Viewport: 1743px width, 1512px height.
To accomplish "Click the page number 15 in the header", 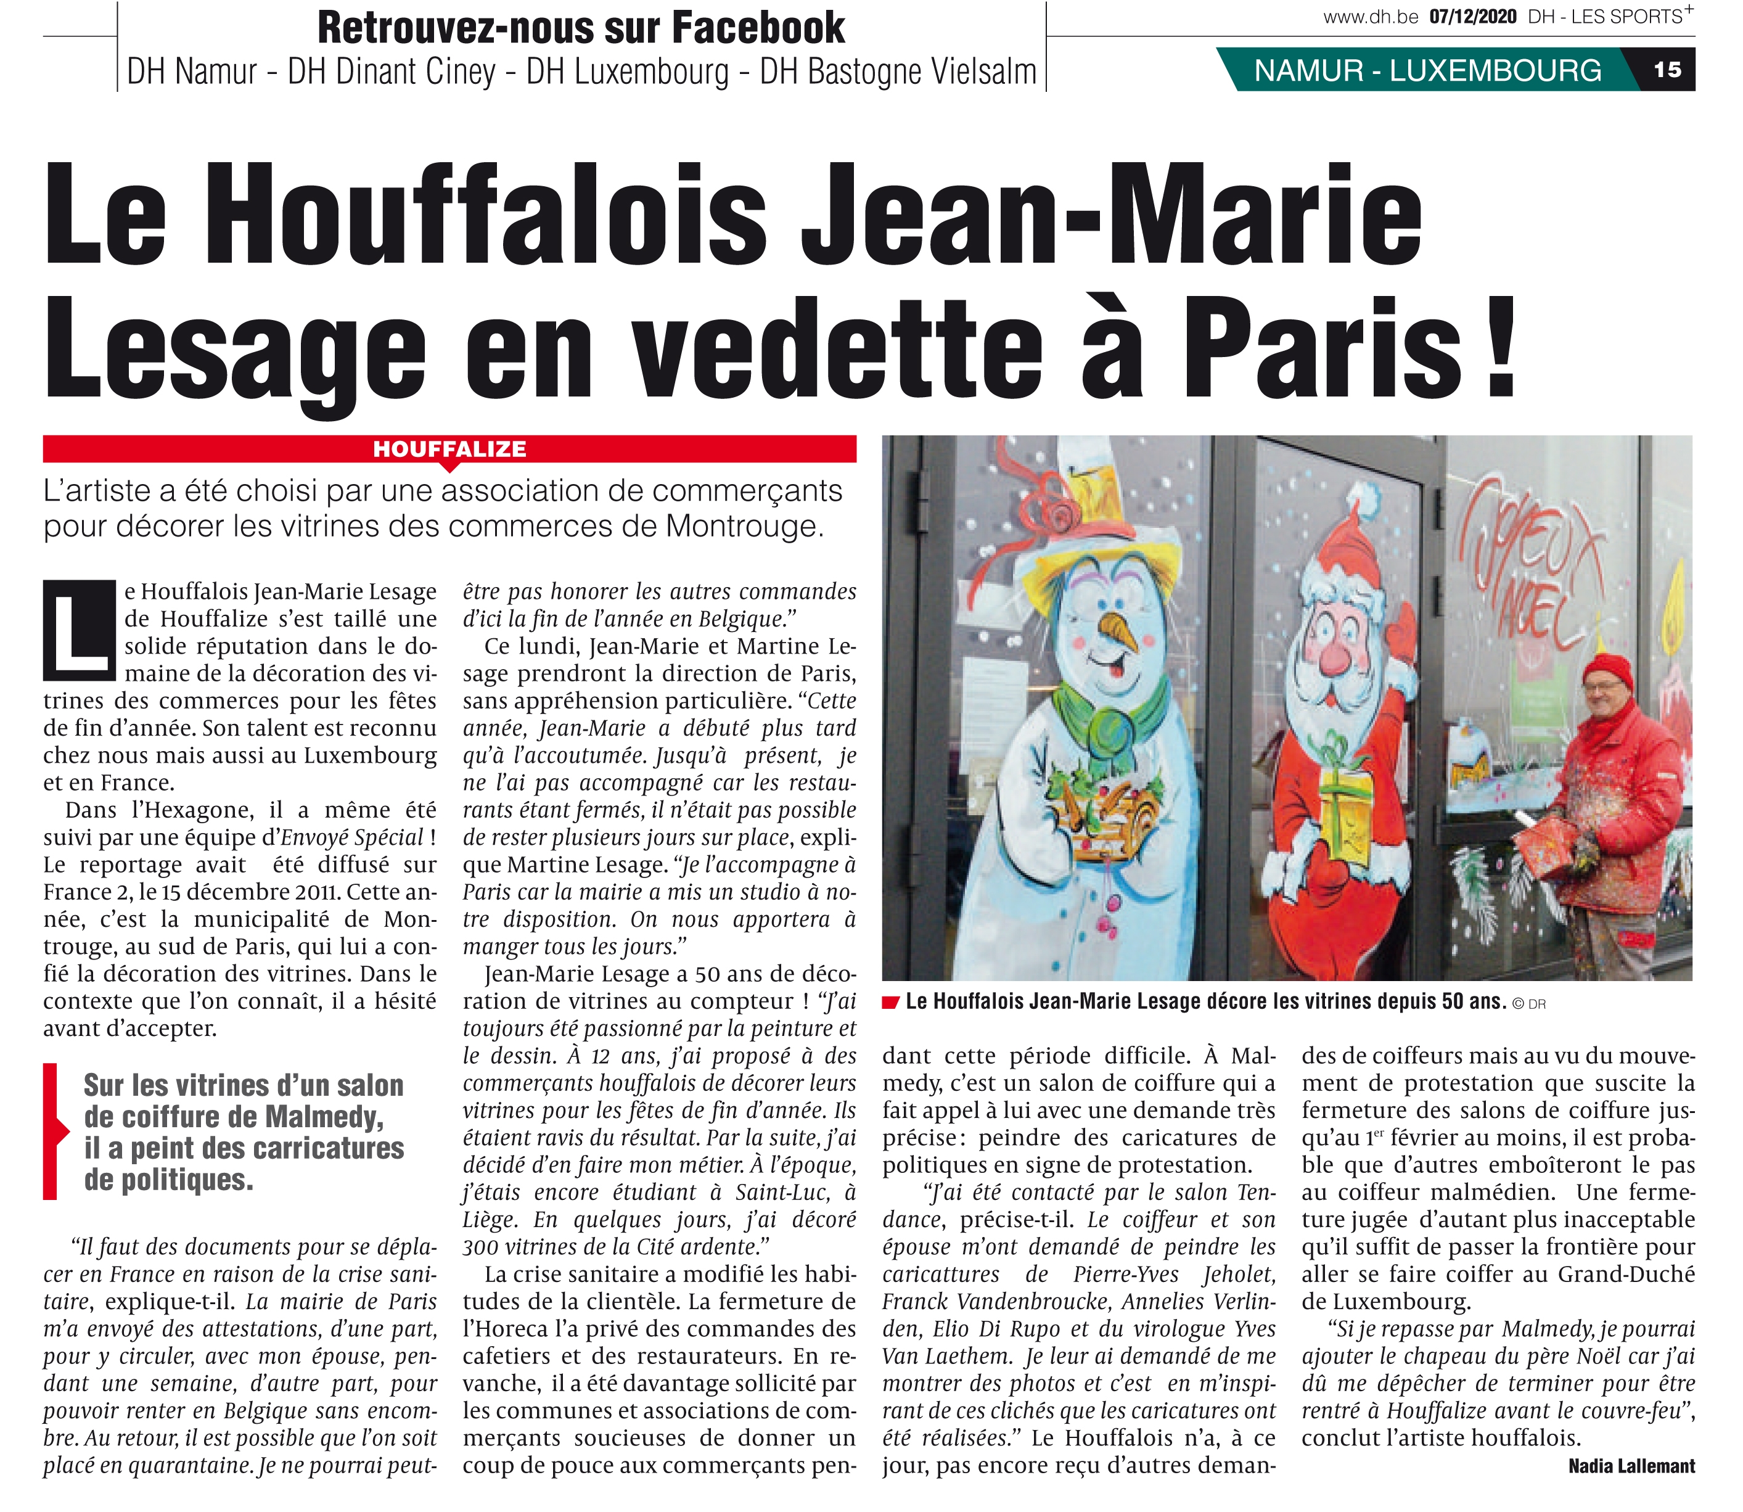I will [1667, 70].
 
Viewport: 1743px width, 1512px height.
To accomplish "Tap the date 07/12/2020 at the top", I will [1473, 17].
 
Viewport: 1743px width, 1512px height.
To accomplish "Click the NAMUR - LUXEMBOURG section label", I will [1427, 70].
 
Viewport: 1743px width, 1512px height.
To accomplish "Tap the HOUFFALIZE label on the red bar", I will [449, 449].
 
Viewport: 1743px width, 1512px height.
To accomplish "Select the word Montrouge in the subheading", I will [742, 527].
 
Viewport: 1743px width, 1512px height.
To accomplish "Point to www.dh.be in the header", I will [1371, 17].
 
